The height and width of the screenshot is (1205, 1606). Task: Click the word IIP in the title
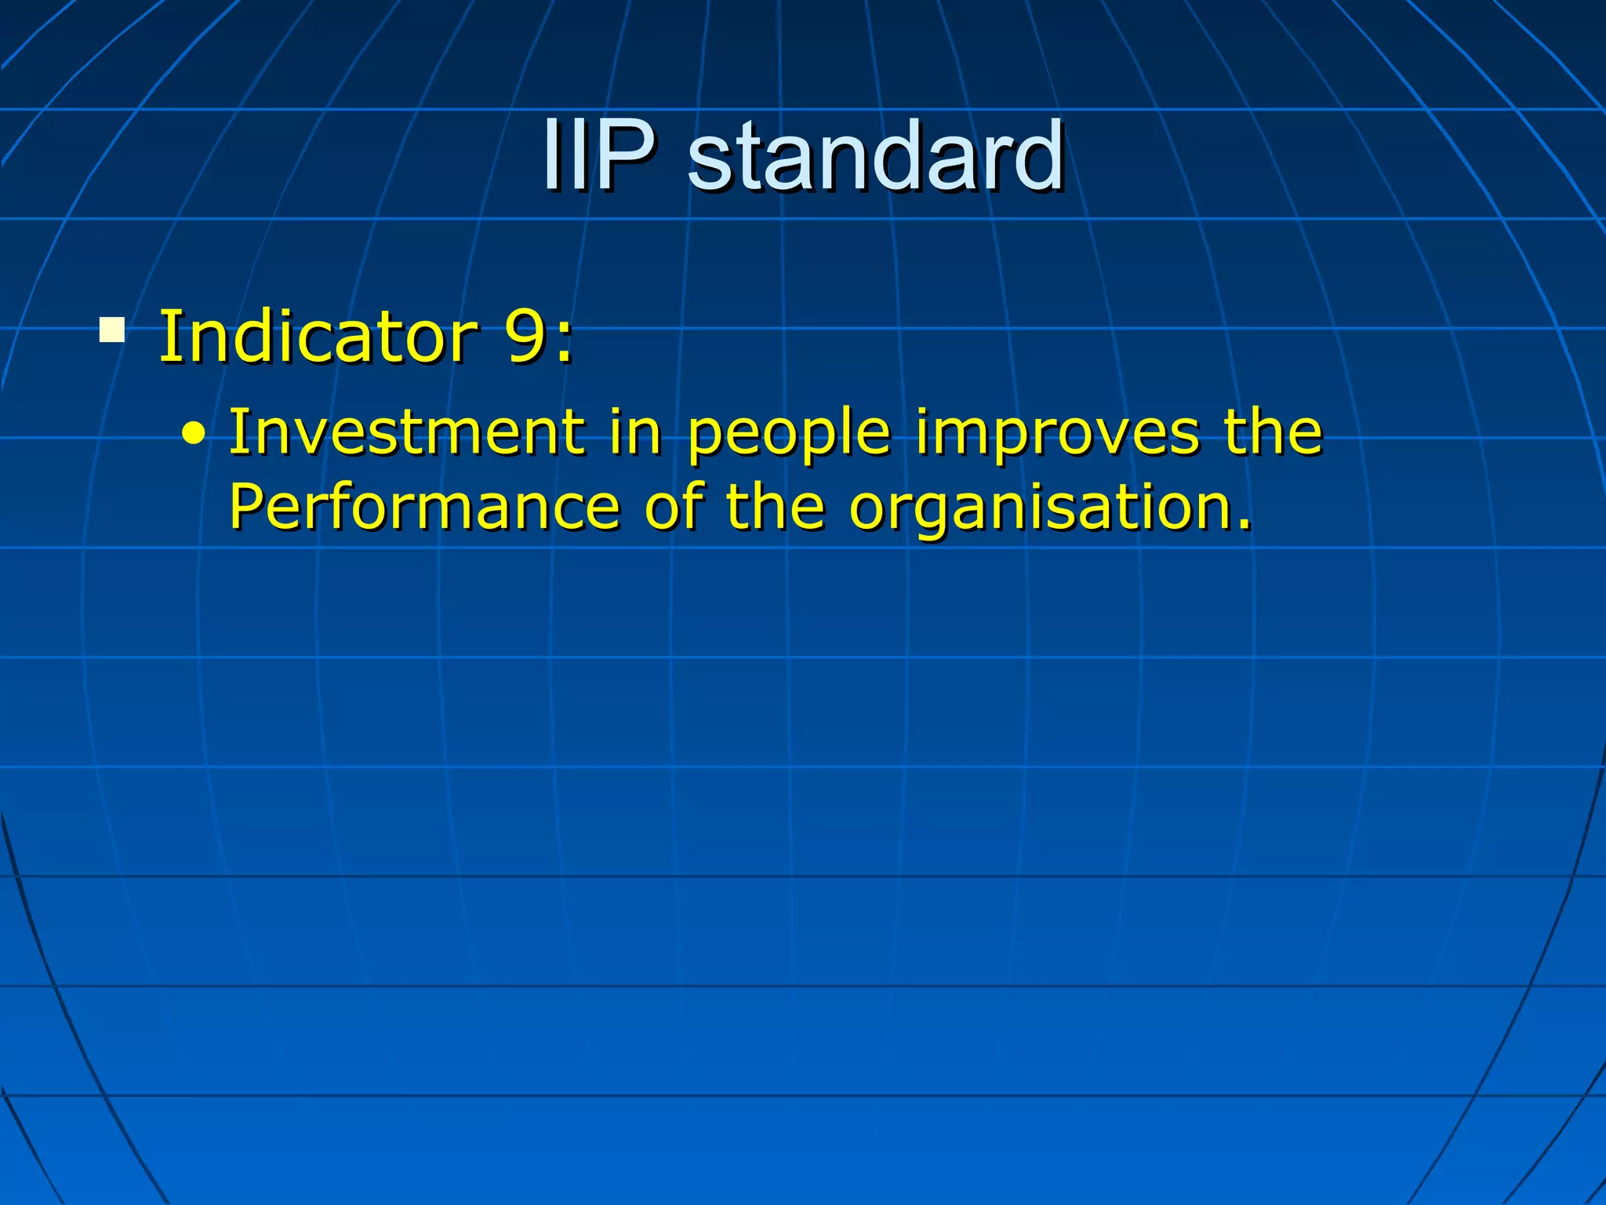pos(598,155)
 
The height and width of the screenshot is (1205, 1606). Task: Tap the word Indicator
pos(317,337)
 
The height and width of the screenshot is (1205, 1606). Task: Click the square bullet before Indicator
pos(112,329)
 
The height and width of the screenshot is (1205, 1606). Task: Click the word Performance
pos(424,507)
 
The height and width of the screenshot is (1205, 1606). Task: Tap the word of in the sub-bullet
pos(674,507)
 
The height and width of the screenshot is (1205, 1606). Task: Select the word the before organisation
pos(775,507)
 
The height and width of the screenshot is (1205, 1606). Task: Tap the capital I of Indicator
pos(167,337)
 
